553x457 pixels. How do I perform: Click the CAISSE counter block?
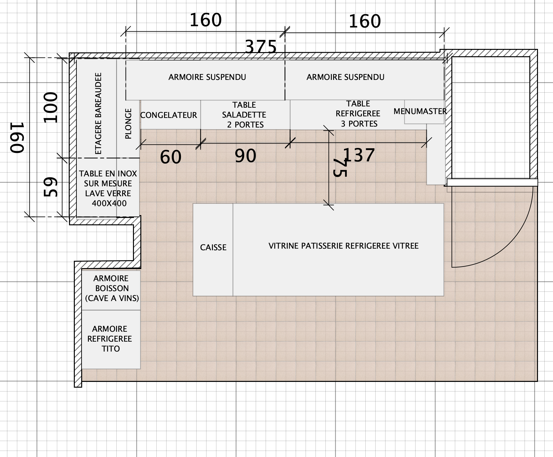213,250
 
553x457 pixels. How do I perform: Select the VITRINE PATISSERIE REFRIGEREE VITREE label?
344,246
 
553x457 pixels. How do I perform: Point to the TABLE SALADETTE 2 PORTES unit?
245,115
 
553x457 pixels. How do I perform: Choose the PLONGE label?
128,124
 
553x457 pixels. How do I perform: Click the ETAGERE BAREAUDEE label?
98,113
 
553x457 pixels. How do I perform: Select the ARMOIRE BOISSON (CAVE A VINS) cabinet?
111,290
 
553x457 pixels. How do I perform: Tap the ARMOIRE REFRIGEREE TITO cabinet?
111,339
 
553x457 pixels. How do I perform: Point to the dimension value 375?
261,47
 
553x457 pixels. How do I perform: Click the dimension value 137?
359,155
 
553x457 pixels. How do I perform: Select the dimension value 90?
245,156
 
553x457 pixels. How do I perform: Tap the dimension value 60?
171,157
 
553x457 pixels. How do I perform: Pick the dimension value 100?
51,107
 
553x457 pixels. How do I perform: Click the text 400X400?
109,203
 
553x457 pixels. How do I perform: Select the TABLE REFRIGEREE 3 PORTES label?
358,114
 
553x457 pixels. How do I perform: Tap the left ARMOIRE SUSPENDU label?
207,77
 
